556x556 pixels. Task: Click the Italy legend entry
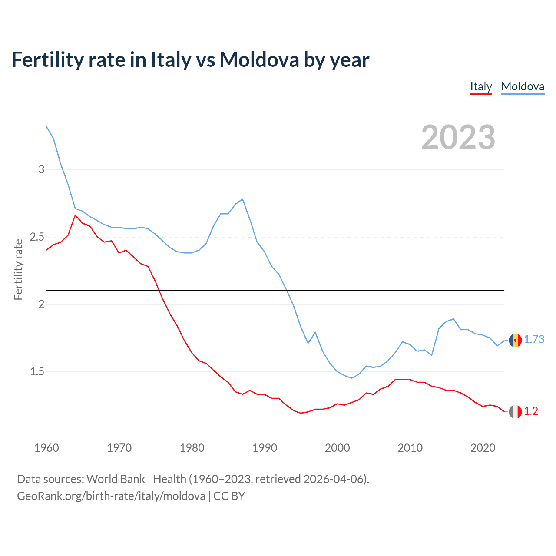pyautogui.click(x=481, y=86)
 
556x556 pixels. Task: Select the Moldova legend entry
pyautogui.click(x=523, y=86)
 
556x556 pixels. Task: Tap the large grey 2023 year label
pyautogui.click(x=458, y=137)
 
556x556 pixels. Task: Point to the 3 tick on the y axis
pyautogui.click(x=42, y=169)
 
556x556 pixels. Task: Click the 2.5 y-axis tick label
pyautogui.click(x=37, y=237)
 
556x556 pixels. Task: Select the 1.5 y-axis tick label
pyautogui.click(x=37, y=372)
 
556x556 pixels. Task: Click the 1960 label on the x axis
pyautogui.click(x=46, y=448)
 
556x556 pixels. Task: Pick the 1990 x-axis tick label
pyautogui.click(x=265, y=448)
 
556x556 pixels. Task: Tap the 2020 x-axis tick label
pyautogui.click(x=483, y=448)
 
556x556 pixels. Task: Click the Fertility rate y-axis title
pyautogui.click(x=18, y=269)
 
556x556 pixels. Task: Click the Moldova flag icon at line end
pyautogui.click(x=515, y=340)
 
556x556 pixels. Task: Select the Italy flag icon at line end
pyautogui.click(x=515, y=412)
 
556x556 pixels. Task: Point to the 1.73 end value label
pyautogui.click(x=534, y=340)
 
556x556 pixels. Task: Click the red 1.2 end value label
pyautogui.click(x=531, y=411)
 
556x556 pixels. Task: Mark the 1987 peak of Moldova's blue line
pyautogui.click(x=242, y=199)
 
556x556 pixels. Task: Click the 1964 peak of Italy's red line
pyautogui.click(x=75, y=215)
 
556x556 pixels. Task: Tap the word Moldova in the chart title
pyautogui.click(x=259, y=60)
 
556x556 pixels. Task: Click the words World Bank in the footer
pyautogui.click(x=116, y=479)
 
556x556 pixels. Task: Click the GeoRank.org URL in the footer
pyautogui.click(x=111, y=496)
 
